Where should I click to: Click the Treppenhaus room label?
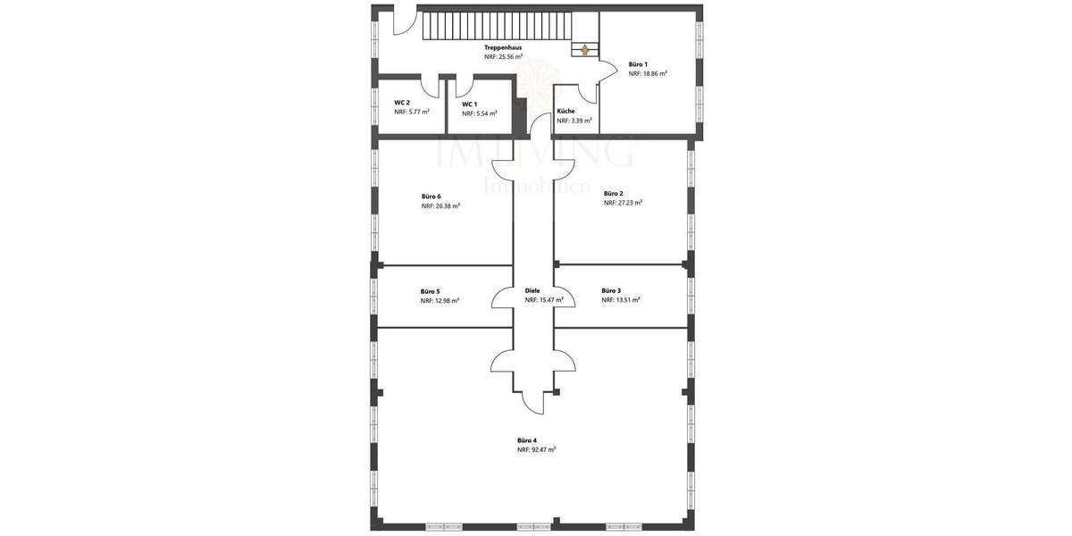[x=503, y=47]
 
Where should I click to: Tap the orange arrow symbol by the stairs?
[x=584, y=50]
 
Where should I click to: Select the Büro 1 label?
[x=638, y=64]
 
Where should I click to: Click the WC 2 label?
[x=402, y=103]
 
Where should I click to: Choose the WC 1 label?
[x=470, y=105]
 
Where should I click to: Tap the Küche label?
[x=566, y=112]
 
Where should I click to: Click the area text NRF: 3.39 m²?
[x=574, y=121]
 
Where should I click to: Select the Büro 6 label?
[x=431, y=197]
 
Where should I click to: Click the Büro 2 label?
[x=614, y=193]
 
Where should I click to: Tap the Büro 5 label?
[x=431, y=291]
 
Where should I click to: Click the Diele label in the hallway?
[x=533, y=290]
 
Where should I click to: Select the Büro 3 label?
[x=611, y=290]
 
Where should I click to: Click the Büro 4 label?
[x=527, y=440]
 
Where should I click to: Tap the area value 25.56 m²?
[x=509, y=56]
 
